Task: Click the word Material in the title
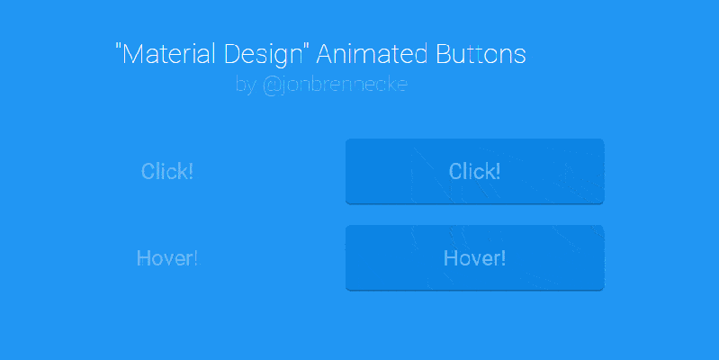point(166,54)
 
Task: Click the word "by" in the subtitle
point(246,86)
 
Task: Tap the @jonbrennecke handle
point(335,85)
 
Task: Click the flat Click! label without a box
point(167,171)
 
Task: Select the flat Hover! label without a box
point(167,258)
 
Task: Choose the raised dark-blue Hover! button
point(474,258)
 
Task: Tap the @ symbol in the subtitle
point(271,85)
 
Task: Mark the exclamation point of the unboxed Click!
point(190,171)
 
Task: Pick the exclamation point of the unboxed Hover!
point(194,258)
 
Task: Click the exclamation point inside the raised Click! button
point(498,171)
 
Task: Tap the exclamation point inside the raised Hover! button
point(503,258)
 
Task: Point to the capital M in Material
point(132,54)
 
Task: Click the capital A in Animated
point(328,54)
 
